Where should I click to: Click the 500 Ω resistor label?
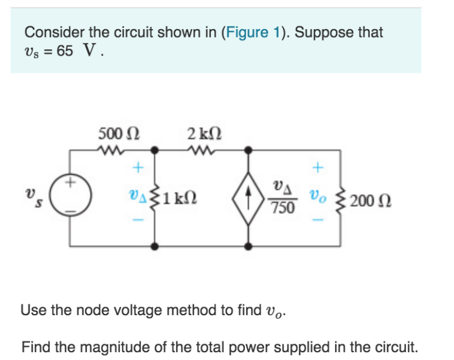[119, 133]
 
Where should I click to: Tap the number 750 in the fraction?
[282, 208]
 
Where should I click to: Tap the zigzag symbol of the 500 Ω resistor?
[110, 150]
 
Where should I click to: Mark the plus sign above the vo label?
[318, 167]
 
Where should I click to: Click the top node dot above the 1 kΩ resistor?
[154, 150]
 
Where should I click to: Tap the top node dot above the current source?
[247, 150]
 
